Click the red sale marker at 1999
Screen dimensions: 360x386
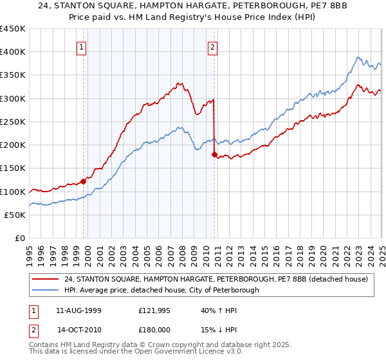click(x=84, y=181)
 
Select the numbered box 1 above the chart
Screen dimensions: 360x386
click(x=82, y=46)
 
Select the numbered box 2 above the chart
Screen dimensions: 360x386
click(x=212, y=46)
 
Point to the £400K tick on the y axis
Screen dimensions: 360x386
click(x=14, y=52)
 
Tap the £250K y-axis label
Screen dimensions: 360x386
click(x=14, y=122)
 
